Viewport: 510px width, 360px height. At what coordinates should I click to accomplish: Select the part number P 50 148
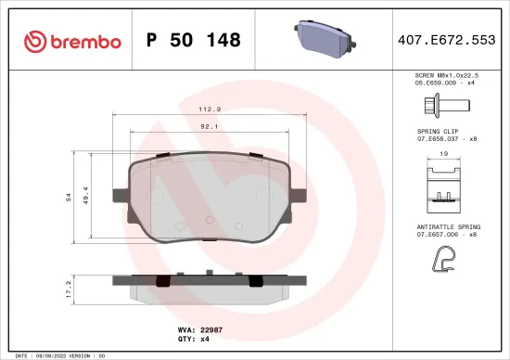[x=194, y=41]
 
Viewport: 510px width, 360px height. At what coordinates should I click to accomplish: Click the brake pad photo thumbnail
[x=323, y=38]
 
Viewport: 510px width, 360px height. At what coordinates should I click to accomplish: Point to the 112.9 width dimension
[x=209, y=109]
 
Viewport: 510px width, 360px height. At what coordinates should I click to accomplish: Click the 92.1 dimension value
[x=209, y=128]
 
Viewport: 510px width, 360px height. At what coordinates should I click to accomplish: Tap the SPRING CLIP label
[x=437, y=132]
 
